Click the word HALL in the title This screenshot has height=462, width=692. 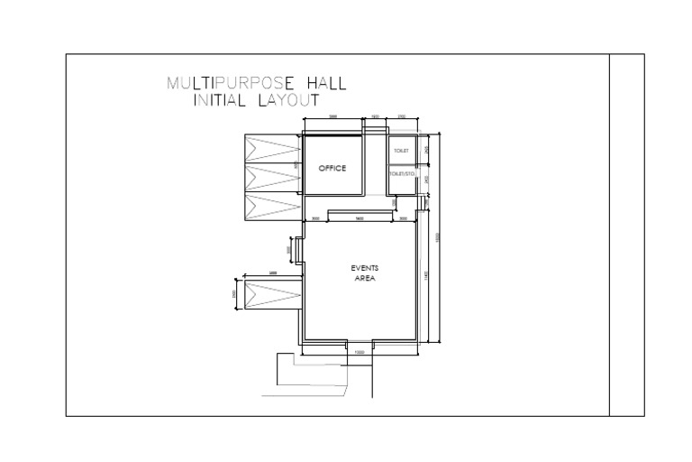point(325,85)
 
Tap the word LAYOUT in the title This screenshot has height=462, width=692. point(288,101)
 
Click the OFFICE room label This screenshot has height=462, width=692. point(332,169)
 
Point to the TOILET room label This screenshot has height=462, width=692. point(401,150)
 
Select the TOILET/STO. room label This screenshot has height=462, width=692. point(402,171)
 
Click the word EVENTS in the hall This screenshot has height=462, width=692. point(364,268)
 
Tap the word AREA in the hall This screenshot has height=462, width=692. point(364,279)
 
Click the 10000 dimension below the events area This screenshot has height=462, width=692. point(360,352)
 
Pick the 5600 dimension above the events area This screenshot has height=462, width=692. point(359,218)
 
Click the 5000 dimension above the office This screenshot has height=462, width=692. point(332,117)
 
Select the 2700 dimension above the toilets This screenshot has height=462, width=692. point(402,117)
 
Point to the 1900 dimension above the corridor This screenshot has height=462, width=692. point(375,117)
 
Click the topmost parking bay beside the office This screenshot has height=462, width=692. point(271,148)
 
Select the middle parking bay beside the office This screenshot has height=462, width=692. point(271,177)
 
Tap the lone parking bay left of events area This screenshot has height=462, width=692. point(271,294)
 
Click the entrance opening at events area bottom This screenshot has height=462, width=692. point(360,342)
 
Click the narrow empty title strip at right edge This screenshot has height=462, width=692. point(627,235)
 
